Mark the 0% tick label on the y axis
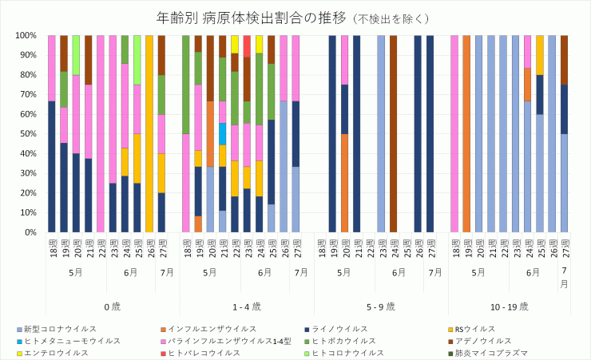tap(29, 232)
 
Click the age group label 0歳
tap(112, 306)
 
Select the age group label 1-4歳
tap(247, 306)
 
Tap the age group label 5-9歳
tap(381, 306)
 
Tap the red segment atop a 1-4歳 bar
tap(247, 45)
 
